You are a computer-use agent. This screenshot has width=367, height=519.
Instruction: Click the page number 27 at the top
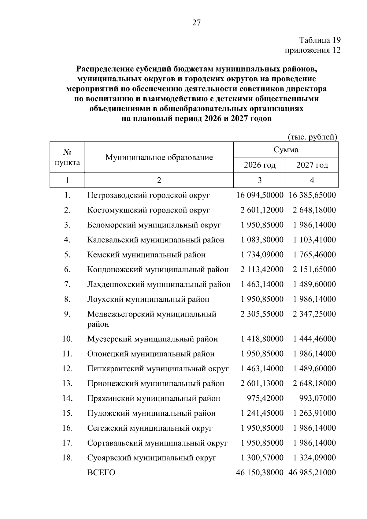(x=196, y=22)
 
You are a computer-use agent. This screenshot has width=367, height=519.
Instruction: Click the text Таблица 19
(x=320, y=40)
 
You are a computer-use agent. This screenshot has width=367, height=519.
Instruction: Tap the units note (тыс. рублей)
(x=312, y=137)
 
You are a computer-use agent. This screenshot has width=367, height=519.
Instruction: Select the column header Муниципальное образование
(x=159, y=157)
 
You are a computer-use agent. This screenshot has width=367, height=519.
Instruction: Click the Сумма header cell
(x=286, y=150)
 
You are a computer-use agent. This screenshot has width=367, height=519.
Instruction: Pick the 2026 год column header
(x=260, y=165)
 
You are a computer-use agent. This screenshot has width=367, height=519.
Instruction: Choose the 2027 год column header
(x=312, y=165)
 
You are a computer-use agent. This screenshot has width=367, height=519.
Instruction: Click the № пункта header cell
(x=67, y=157)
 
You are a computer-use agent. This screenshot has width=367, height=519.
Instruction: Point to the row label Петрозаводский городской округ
(x=149, y=195)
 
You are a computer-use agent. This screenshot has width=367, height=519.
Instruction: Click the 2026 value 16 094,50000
(x=260, y=195)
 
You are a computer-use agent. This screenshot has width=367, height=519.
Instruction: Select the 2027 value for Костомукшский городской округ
(x=314, y=210)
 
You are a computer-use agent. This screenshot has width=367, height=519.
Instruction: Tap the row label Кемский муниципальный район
(x=146, y=254)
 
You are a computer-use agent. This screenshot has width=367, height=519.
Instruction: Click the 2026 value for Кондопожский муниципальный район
(x=262, y=269)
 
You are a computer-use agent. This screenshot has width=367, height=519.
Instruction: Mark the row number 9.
(x=67, y=314)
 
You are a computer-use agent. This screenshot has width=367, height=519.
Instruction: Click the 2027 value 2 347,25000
(x=314, y=314)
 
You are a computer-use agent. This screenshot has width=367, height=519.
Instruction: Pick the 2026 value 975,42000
(x=265, y=398)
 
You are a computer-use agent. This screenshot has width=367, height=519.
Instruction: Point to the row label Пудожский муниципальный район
(x=151, y=413)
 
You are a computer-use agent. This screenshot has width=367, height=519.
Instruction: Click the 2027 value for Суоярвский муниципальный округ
(x=314, y=458)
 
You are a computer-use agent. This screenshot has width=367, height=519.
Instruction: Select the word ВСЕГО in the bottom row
(x=101, y=473)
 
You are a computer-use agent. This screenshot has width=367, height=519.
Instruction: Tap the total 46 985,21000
(x=312, y=473)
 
